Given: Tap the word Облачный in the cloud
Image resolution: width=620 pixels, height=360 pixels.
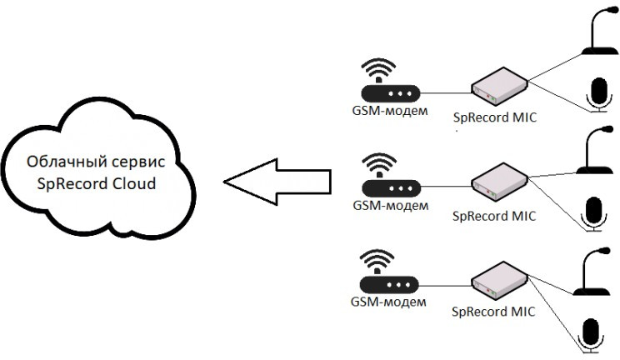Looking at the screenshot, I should [63, 162].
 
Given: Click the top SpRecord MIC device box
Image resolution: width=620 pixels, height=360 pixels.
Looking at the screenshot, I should [499, 83].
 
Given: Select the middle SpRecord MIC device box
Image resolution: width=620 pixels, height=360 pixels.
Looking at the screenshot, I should [499, 180].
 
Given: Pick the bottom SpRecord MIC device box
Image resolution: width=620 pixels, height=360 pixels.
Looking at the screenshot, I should [499, 277].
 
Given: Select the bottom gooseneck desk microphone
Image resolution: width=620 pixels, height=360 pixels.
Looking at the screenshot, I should [595, 271].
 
